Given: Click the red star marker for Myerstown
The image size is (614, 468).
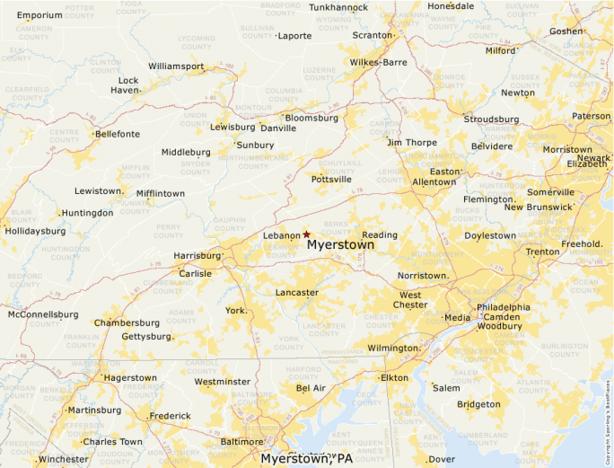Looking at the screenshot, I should point(306,234).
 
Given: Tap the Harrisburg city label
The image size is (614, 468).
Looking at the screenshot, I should point(197,256).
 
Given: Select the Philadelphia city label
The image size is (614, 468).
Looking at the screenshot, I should point(503,307).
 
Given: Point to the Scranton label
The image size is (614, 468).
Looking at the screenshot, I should point(373,35).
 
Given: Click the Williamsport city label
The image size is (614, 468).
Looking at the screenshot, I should point(176,66).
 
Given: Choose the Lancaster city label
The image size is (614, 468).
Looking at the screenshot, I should point(296,293).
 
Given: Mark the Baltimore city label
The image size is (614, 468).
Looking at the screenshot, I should point(241,442).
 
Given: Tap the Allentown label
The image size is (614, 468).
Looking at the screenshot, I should point(434,182).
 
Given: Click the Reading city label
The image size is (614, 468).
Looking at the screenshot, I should point(379,235).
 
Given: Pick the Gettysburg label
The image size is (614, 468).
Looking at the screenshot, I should point(145,337).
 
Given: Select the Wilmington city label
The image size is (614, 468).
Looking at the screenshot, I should point(393,348).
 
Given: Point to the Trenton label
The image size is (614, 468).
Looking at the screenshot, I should point(542,252).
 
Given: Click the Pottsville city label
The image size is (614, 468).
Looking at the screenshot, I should point(331,180).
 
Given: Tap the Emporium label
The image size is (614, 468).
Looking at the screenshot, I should point(40,15).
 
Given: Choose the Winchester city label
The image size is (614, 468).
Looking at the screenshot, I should point(63,459).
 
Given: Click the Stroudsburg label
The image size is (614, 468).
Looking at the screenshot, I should point(491,119).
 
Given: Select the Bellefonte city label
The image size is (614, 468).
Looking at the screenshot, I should point(118,135).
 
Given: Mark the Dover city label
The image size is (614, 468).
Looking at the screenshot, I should point(441,459).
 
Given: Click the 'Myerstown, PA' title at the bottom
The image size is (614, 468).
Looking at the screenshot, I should point(307,458).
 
